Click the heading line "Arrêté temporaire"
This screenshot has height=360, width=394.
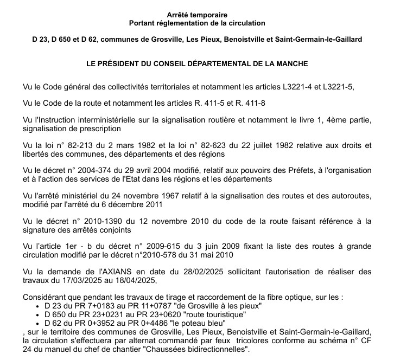[x=197, y=15]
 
